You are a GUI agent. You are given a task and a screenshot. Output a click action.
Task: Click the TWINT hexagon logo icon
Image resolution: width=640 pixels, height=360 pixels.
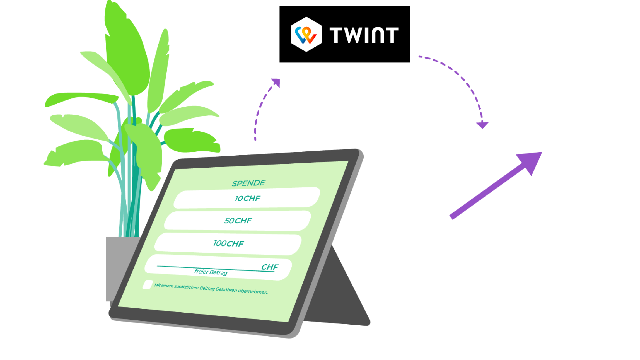306,34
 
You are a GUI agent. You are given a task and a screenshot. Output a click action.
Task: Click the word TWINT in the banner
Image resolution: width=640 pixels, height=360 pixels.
364,35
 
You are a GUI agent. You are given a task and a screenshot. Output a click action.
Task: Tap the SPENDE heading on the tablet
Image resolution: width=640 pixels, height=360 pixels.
248,183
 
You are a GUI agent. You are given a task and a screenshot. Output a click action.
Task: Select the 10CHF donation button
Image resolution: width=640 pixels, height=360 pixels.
247,198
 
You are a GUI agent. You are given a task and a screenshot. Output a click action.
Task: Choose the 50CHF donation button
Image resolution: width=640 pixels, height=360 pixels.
238,221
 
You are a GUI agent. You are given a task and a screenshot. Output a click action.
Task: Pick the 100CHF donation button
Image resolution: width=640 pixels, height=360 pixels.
228,243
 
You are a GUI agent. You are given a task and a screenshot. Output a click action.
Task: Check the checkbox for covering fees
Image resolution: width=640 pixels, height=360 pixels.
148,285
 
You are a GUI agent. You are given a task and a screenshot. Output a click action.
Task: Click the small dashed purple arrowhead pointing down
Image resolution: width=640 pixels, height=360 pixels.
482,125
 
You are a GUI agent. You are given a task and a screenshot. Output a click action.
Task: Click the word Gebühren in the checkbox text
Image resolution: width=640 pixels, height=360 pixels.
226,290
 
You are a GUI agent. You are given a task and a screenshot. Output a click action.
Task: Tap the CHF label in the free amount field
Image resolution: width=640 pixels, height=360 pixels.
270,267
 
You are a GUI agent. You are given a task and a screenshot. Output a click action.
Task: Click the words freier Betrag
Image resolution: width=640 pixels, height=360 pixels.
211,272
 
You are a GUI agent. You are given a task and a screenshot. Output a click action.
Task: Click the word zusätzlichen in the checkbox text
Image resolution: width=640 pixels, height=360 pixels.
186,287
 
